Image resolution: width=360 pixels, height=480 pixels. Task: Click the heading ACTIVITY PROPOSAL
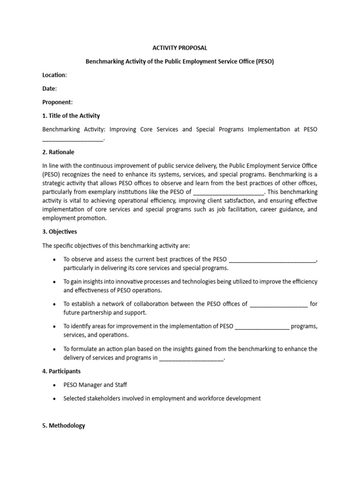[180, 48]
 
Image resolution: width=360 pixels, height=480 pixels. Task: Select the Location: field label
[54, 75]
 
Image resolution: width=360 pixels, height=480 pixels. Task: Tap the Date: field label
[49, 89]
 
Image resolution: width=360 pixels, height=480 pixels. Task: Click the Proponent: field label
[58, 102]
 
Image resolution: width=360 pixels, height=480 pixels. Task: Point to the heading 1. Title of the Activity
[71, 116]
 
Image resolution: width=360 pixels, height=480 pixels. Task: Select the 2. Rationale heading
[58, 152]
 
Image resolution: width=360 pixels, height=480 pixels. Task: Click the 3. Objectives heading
[60, 232]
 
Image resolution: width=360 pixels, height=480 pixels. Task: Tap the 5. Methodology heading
[64, 426]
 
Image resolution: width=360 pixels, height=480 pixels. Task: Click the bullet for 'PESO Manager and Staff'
[55, 385]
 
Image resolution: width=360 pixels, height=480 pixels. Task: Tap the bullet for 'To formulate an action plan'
[55, 349]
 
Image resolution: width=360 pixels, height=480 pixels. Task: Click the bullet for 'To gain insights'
[55, 282]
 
